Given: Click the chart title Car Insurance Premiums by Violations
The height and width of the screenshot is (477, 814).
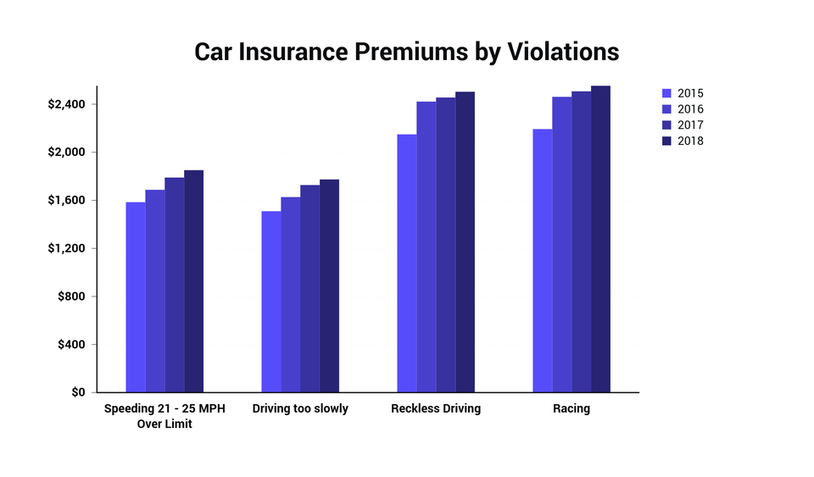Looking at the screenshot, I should tap(407, 52).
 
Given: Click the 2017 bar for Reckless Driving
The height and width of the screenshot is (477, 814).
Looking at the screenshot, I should tap(446, 245).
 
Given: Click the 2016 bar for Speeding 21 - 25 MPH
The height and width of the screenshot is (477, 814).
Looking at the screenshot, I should tap(155, 291).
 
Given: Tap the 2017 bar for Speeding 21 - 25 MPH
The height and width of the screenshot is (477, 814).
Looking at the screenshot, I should tap(175, 285).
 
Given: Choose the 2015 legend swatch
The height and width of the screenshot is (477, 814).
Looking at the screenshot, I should tap(666, 93).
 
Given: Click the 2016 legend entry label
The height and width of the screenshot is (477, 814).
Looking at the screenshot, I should tap(690, 109).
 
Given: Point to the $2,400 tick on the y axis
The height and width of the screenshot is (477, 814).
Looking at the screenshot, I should tap(66, 104).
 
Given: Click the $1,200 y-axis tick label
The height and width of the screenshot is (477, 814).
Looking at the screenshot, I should tap(66, 248).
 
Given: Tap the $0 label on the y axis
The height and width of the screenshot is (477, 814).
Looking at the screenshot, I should tap(77, 392).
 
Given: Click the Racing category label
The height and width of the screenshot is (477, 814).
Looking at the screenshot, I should tap(571, 409).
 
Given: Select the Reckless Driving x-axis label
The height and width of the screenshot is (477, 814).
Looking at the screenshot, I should tap(436, 409).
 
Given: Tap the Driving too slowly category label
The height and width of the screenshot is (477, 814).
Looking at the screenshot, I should tap(300, 409).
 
